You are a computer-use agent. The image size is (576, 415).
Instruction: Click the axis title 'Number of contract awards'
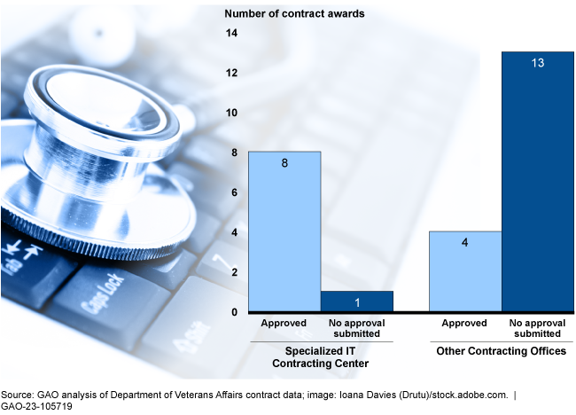pos(294,13)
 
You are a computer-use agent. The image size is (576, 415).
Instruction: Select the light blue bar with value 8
pos(284,231)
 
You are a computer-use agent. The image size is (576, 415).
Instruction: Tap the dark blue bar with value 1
pos(355,301)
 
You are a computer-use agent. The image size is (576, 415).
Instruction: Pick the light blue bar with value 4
pos(465,271)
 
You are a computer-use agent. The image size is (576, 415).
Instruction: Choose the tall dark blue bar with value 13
pos(537,182)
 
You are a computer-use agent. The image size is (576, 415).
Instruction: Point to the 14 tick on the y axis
pos(233,33)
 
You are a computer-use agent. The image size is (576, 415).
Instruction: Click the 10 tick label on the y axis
pos(233,113)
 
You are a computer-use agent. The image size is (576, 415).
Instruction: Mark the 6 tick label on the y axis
pos(233,192)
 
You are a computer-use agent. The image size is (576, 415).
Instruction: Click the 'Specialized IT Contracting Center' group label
pos(320,357)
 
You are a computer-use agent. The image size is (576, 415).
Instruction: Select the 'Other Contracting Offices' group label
pos(501,352)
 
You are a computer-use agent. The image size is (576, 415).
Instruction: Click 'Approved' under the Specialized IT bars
pos(284,324)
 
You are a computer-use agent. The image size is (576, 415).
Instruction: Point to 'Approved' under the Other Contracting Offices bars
pos(465,324)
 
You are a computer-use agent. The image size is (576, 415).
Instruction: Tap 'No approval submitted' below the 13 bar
pos(537,328)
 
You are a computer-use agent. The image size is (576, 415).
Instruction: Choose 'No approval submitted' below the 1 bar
pos(355,328)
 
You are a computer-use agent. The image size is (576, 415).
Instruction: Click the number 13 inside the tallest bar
pos(537,64)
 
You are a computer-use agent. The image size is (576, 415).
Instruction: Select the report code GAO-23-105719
pos(36,406)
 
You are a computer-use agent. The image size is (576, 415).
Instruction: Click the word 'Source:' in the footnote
pos(18,393)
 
